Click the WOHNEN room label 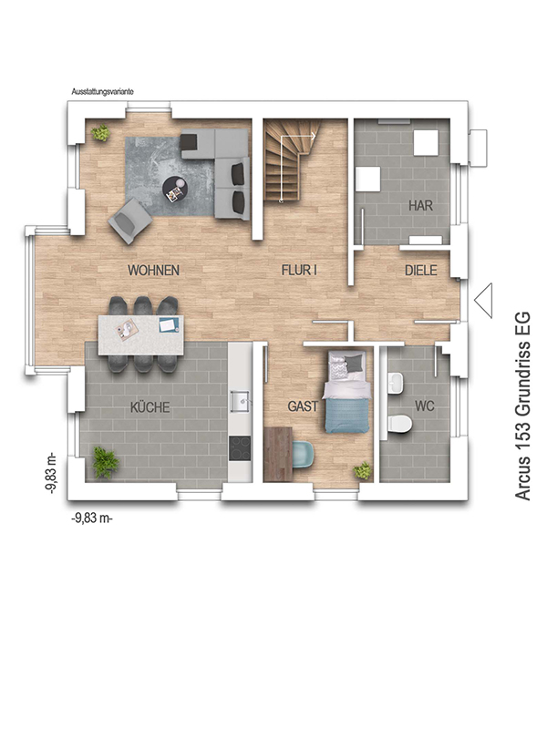[153, 270]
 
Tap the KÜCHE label [150, 407]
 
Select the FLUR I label [299, 270]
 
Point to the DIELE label [421, 270]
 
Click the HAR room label [421, 206]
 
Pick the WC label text [424, 406]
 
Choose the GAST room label [303, 406]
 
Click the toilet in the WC [399, 424]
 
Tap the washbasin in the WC [396, 384]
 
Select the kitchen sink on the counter [240, 401]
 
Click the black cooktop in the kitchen [240, 447]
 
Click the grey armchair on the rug [129, 221]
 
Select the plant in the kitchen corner [106, 462]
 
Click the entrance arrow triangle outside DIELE [483, 301]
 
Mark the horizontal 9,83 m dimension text [92, 518]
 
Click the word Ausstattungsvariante [102, 92]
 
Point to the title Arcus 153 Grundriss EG [522, 406]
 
